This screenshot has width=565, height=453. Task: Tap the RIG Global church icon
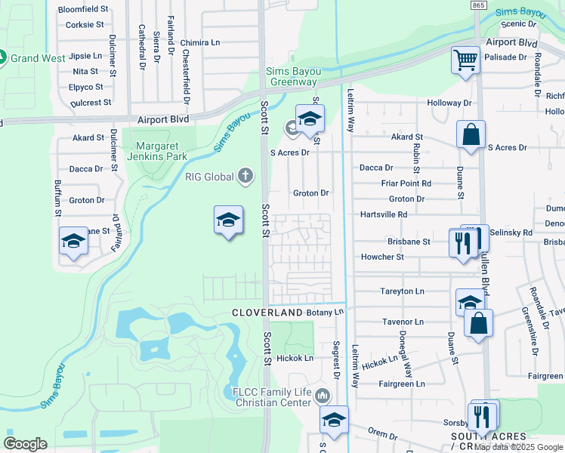click(245, 177)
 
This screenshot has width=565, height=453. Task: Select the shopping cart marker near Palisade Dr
click(466, 59)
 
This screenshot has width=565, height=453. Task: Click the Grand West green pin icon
click(2, 57)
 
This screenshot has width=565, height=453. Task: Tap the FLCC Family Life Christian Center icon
click(323, 395)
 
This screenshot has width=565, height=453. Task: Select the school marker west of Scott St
click(228, 220)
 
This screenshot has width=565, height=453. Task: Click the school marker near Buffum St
click(73, 241)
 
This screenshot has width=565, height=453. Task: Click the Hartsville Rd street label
click(383, 214)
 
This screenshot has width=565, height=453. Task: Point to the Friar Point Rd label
click(406, 183)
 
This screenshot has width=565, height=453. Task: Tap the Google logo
click(25, 444)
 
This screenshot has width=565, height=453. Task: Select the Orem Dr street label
click(382, 436)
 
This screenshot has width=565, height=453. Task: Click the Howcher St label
click(382, 257)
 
